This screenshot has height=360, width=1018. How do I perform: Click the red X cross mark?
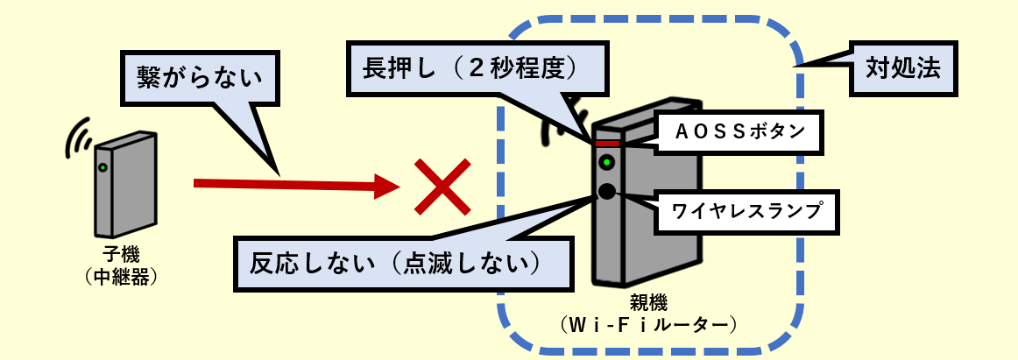click(443, 187)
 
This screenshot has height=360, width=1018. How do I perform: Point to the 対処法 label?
click(904, 69)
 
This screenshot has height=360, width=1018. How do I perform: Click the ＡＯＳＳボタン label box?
click(739, 132)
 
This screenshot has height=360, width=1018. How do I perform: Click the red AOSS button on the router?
click(607, 143)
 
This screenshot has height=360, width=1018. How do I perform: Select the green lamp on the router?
click(605, 162)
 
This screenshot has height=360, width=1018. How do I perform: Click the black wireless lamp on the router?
click(606, 190)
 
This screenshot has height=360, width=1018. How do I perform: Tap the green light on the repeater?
click(103, 167)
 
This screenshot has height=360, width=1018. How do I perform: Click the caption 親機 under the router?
click(648, 304)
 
